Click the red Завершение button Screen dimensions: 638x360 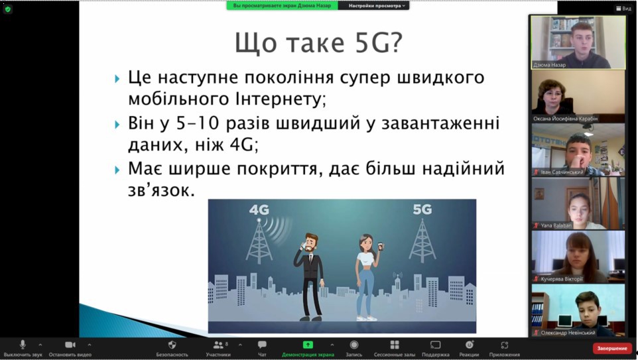click(612, 348)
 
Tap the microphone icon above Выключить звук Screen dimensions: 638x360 click(23, 345)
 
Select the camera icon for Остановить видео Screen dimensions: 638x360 click(70, 345)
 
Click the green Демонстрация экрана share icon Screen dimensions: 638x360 click(308, 345)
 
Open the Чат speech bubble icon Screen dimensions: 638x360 click(262, 345)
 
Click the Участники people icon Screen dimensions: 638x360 click(218, 345)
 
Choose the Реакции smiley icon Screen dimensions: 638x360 click(469, 345)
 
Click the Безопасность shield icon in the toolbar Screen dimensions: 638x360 click(172, 345)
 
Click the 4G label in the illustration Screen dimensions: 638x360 click(259, 210)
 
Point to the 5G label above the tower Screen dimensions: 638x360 click(422, 210)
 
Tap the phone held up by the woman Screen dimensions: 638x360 click(380, 246)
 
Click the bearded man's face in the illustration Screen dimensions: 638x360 click(311, 244)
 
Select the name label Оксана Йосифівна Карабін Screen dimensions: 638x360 click(565, 119)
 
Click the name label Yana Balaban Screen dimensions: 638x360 click(556, 225)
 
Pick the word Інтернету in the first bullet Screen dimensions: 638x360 click(281, 99)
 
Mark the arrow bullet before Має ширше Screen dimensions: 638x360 click(117, 170)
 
